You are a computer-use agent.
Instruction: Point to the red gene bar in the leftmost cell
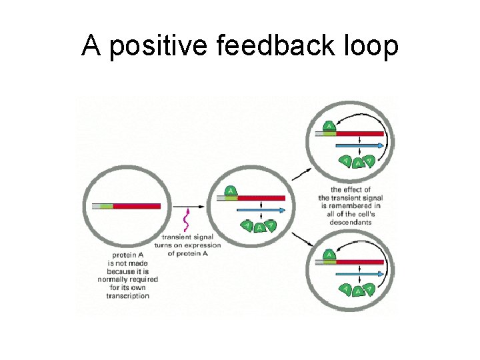point(137,206)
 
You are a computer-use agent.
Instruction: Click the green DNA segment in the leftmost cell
point(106,206)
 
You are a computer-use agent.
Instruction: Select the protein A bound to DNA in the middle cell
point(231,192)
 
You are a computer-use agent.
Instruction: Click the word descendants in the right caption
point(351,222)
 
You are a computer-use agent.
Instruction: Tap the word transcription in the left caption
point(127,295)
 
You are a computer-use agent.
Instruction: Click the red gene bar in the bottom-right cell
point(360,262)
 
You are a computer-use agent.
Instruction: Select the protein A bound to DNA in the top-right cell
point(329,126)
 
